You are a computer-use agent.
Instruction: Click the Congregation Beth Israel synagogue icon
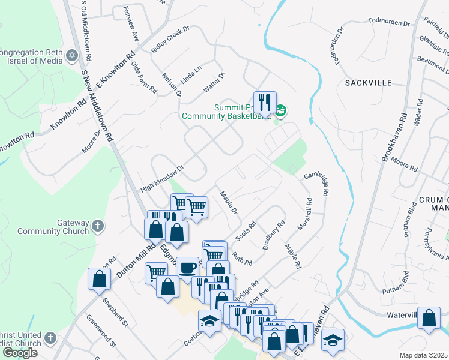pyautogui.click(x=73, y=56)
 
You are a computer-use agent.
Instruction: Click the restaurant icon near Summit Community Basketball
pyautogui.click(x=264, y=103)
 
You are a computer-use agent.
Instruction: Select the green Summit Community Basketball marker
pyautogui.click(x=281, y=110)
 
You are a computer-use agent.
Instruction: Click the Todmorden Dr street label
pyautogui.click(x=388, y=23)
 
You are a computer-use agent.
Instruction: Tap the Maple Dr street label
pyautogui.click(x=229, y=203)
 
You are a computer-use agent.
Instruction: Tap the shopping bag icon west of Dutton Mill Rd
pyautogui.click(x=99, y=279)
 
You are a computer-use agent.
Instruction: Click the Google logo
pyautogui.click(x=19, y=353)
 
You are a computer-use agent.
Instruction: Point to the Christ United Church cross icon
pyautogui.click(x=50, y=338)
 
